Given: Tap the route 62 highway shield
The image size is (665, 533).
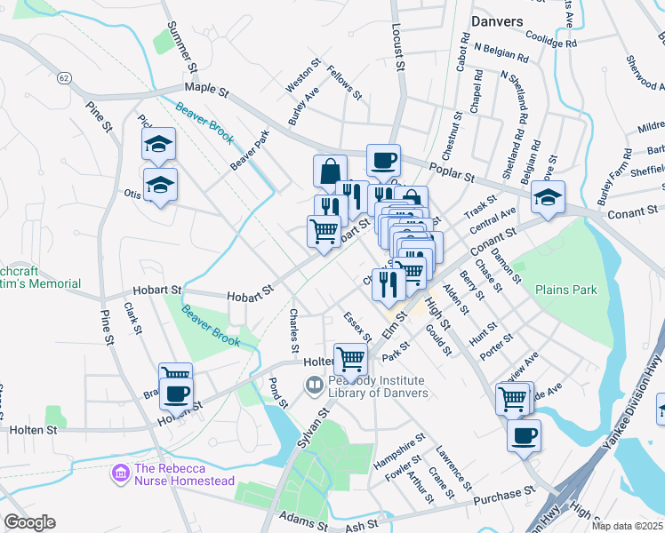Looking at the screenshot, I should click(x=64, y=78).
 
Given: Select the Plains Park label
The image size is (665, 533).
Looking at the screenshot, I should click(x=565, y=290).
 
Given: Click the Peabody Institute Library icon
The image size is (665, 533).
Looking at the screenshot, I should click(x=314, y=386).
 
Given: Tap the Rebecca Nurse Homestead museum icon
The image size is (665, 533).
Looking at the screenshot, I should click(x=120, y=474).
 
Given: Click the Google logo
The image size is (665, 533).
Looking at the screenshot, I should click(x=28, y=522).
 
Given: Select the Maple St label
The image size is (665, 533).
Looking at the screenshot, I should click(x=207, y=90).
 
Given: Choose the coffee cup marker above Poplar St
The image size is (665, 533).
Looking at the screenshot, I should click(x=383, y=161).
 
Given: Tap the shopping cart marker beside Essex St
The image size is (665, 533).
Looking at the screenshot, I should click(x=351, y=359).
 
